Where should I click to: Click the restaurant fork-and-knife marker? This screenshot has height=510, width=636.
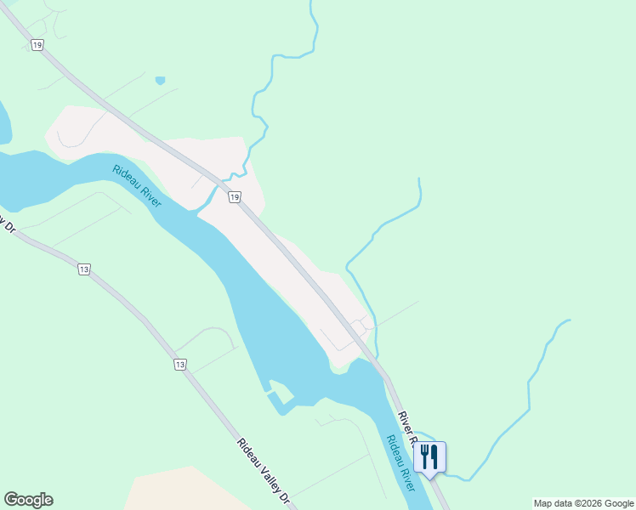(x=429, y=457)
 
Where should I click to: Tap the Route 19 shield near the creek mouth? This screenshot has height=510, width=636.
(x=234, y=197)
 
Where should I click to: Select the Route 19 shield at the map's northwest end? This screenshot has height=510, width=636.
(x=37, y=44)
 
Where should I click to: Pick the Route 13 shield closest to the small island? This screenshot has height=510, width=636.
(x=179, y=365)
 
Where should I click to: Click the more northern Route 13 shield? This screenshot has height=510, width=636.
(x=83, y=269)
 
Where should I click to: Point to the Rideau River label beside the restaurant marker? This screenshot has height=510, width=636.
(x=400, y=463)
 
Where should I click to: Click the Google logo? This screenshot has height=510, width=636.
(x=28, y=500)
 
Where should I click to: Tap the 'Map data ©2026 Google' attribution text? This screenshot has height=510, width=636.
(x=583, y=503)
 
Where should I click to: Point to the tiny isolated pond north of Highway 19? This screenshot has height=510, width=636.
(x=160, y=81)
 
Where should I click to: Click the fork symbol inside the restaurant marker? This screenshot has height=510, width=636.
(x=425, y=456)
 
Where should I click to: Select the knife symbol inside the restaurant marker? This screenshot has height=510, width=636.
(x=434, y=456)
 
